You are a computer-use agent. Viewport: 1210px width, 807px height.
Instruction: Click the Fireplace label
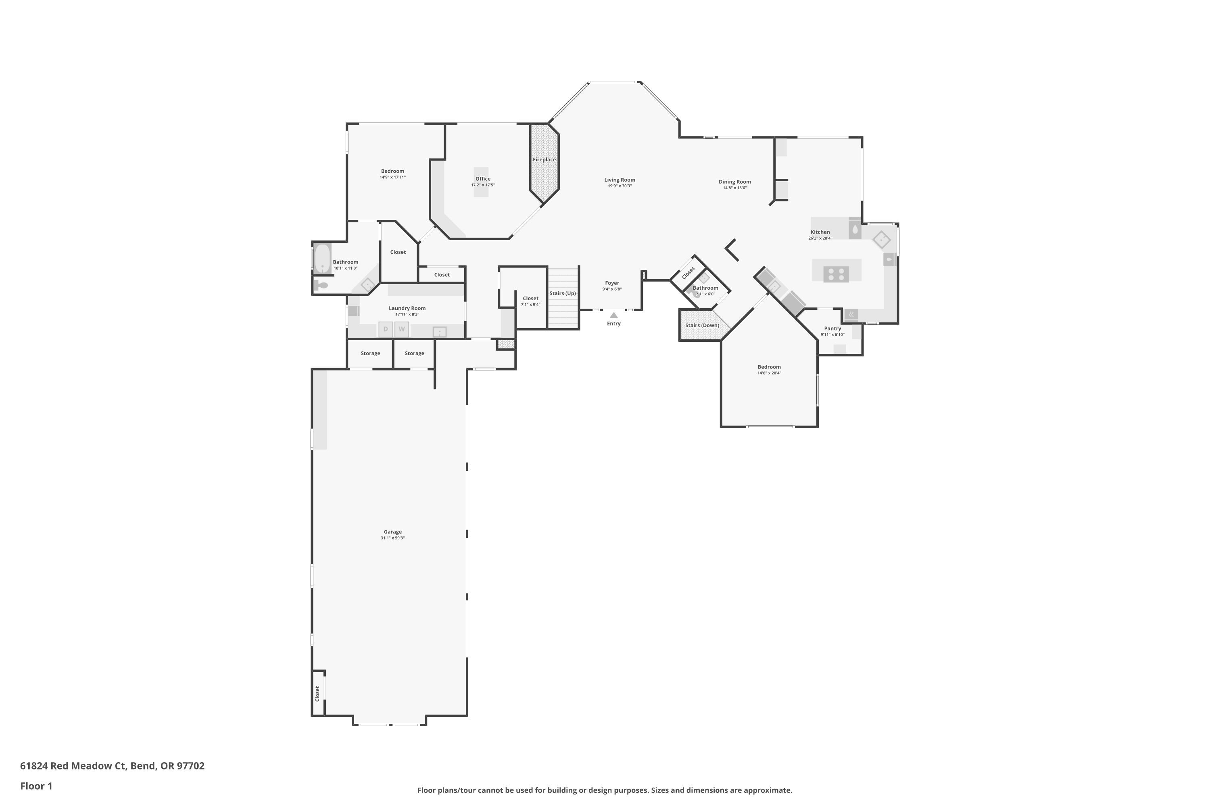[544, 159]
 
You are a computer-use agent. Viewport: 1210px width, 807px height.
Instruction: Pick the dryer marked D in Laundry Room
[385, 329]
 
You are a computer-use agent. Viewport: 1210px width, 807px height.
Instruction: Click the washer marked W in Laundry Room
[402, 329]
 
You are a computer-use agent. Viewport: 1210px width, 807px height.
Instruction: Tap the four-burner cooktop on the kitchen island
[836, 274]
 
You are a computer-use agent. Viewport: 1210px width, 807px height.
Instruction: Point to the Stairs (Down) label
[702, 325]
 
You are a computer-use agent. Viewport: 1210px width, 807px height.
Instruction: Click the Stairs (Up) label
[562, 293]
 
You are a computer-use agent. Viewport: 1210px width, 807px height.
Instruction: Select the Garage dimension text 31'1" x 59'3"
[392, 538]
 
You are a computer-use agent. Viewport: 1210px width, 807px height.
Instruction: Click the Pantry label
[832, 328]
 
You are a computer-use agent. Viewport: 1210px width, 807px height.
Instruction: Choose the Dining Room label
[734, 182]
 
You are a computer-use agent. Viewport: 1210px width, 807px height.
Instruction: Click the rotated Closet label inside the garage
[317, 693]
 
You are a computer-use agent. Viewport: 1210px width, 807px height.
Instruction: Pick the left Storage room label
[370, 353]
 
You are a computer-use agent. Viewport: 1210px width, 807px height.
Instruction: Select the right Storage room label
[414, 353]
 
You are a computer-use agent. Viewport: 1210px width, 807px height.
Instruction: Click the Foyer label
[612, 283]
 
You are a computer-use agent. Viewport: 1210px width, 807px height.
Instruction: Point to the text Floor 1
[36, 786]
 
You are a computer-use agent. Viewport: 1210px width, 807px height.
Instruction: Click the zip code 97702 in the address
[190, 766]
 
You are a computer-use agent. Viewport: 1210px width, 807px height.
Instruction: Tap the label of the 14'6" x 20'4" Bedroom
[769, 367]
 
